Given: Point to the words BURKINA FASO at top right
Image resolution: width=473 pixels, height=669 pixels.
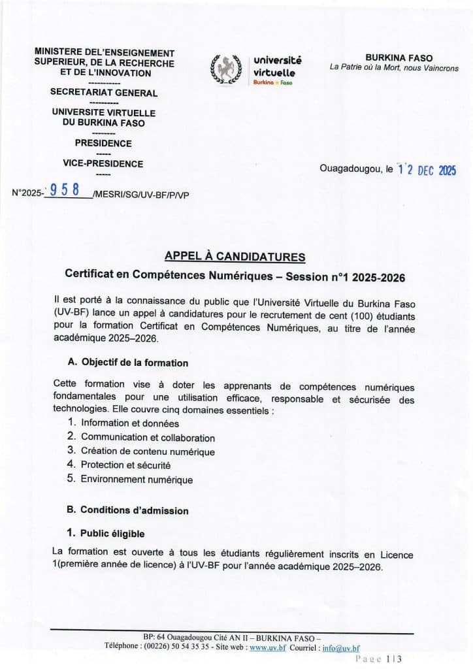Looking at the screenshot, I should tap(394, 58).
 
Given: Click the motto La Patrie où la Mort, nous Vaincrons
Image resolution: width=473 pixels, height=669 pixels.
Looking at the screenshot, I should tap(394, 68).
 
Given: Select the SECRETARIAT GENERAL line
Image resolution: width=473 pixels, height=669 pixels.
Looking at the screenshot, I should tap(104, 93).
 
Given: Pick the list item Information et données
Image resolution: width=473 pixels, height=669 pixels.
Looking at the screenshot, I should tap(129, 423).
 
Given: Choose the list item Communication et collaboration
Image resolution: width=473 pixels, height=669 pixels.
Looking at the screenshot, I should tap(148, 437).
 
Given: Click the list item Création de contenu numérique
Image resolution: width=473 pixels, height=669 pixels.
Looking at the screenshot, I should tap(148, 451).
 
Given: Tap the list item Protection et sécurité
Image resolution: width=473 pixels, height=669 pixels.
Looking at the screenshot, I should tap(125, 465).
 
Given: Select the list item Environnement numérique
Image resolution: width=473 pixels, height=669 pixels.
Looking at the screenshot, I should tap(137, 480).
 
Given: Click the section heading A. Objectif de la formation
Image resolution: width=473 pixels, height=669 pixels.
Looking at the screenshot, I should tap(128, 363).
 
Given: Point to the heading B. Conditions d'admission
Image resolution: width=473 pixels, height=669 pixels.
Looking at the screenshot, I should tap(128, 510).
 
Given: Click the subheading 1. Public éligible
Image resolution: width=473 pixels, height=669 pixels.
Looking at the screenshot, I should tap(107, 534).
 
